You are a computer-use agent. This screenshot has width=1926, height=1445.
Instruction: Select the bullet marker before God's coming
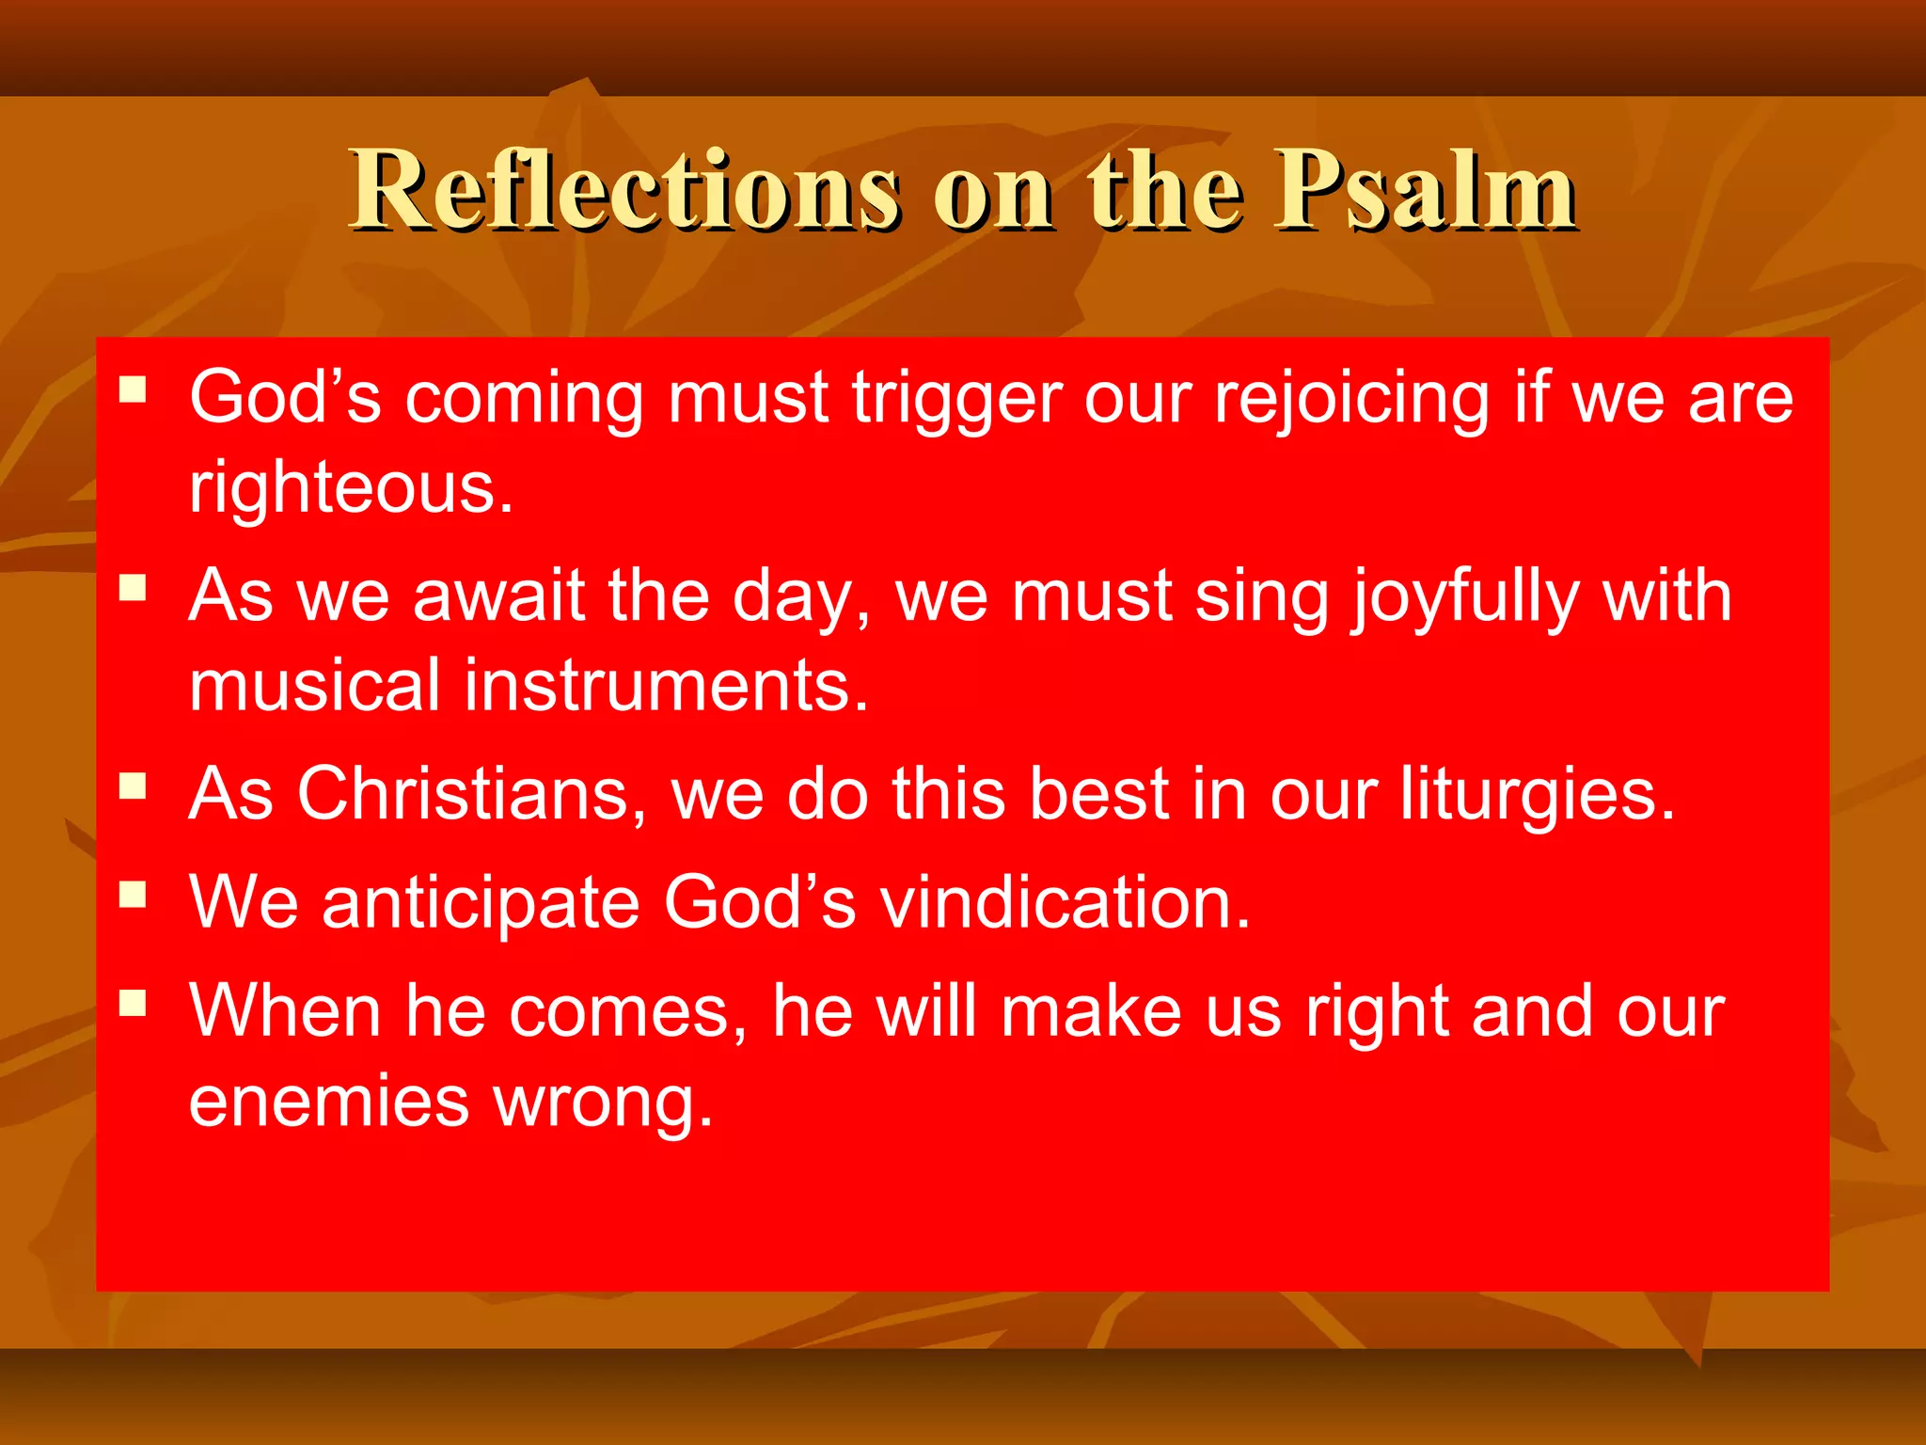click(x=134, y=389)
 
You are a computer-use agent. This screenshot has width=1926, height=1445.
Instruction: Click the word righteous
click(x=351, y=488)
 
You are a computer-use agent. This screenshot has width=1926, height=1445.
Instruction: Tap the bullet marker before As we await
click(x=134, y=588)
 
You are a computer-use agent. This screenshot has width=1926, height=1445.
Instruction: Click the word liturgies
click(x=1537, y=795)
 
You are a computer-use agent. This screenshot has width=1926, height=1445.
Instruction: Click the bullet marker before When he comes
click(x=134, y=1003)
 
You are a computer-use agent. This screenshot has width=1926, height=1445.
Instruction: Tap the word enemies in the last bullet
click(x=328, y=1102)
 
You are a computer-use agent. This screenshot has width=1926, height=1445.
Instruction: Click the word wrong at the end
click(x=603, y=1104)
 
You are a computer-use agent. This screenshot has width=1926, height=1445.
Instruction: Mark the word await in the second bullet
click(x=497, y=596)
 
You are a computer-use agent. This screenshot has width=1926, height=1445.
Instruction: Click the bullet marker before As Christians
click(x=134, y=786)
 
